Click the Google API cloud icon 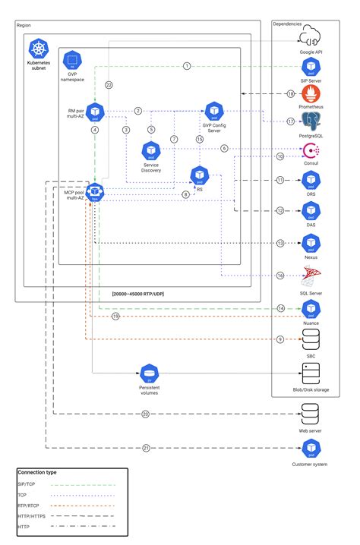point(311,36)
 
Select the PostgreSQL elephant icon point(311,121)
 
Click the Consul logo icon point(311,150)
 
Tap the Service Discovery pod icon point(150,150)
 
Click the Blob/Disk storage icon point(311,373)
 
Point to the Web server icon point(311,414)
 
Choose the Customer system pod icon point(311,448)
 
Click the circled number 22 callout point(109,85)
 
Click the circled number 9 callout point(279,339)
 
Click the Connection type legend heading point(37,472)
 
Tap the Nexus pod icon point(311,243)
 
